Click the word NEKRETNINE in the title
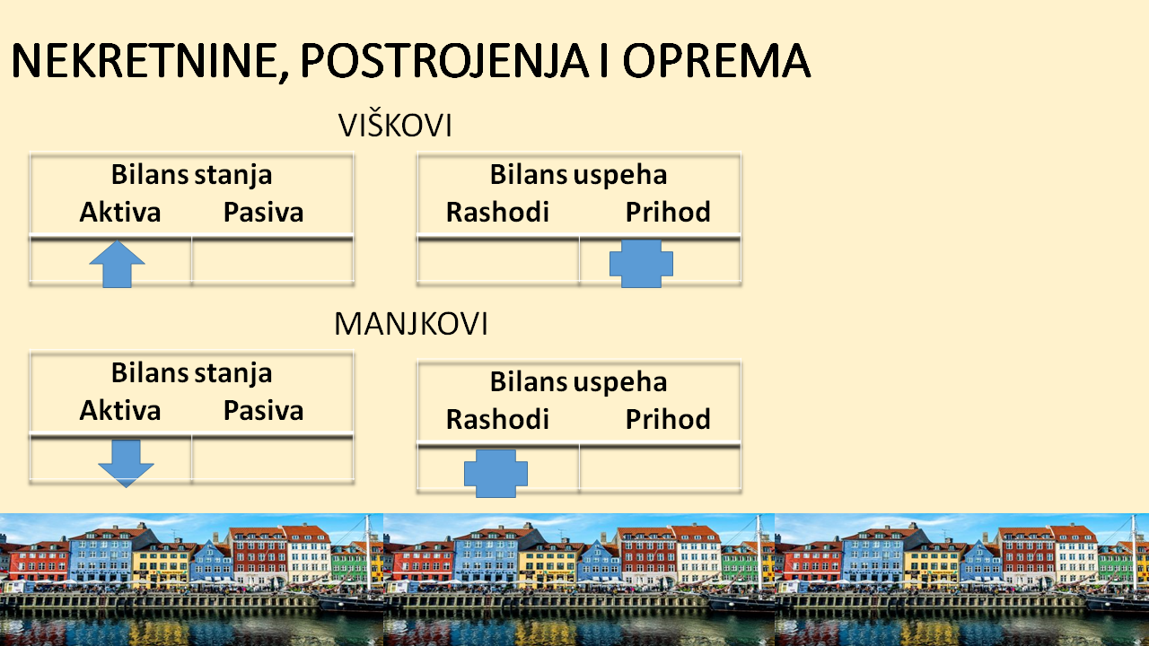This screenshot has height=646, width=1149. click(145, 61)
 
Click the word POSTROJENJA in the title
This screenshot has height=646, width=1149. click(443, 61)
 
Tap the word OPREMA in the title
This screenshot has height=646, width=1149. click(716, 61)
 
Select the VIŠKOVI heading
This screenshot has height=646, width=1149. click(395, 125)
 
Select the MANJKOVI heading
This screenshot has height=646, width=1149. click(411, 324)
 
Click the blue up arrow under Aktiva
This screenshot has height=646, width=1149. click(117, 264)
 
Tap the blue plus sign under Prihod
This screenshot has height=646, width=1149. click(641, 264)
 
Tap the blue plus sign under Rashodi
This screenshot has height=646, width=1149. click(496, 474)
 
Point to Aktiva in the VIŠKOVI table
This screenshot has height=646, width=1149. click(120, 213)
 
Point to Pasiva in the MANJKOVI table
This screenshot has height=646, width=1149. click(264, 411)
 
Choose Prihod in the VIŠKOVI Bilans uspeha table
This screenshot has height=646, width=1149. click(668, 213)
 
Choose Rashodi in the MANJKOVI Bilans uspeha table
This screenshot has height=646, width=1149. click(497, 419)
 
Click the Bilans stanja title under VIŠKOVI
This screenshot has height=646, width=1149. click(192, 175)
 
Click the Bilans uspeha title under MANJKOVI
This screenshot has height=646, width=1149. click(579, 382)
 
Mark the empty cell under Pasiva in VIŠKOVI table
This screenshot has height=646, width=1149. click(272, 260)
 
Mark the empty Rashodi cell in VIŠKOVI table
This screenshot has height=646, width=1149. click(498, 260)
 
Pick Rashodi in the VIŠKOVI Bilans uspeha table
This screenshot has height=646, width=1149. click(497, 213)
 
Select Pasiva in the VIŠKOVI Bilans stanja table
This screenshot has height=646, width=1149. click(264, 213)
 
